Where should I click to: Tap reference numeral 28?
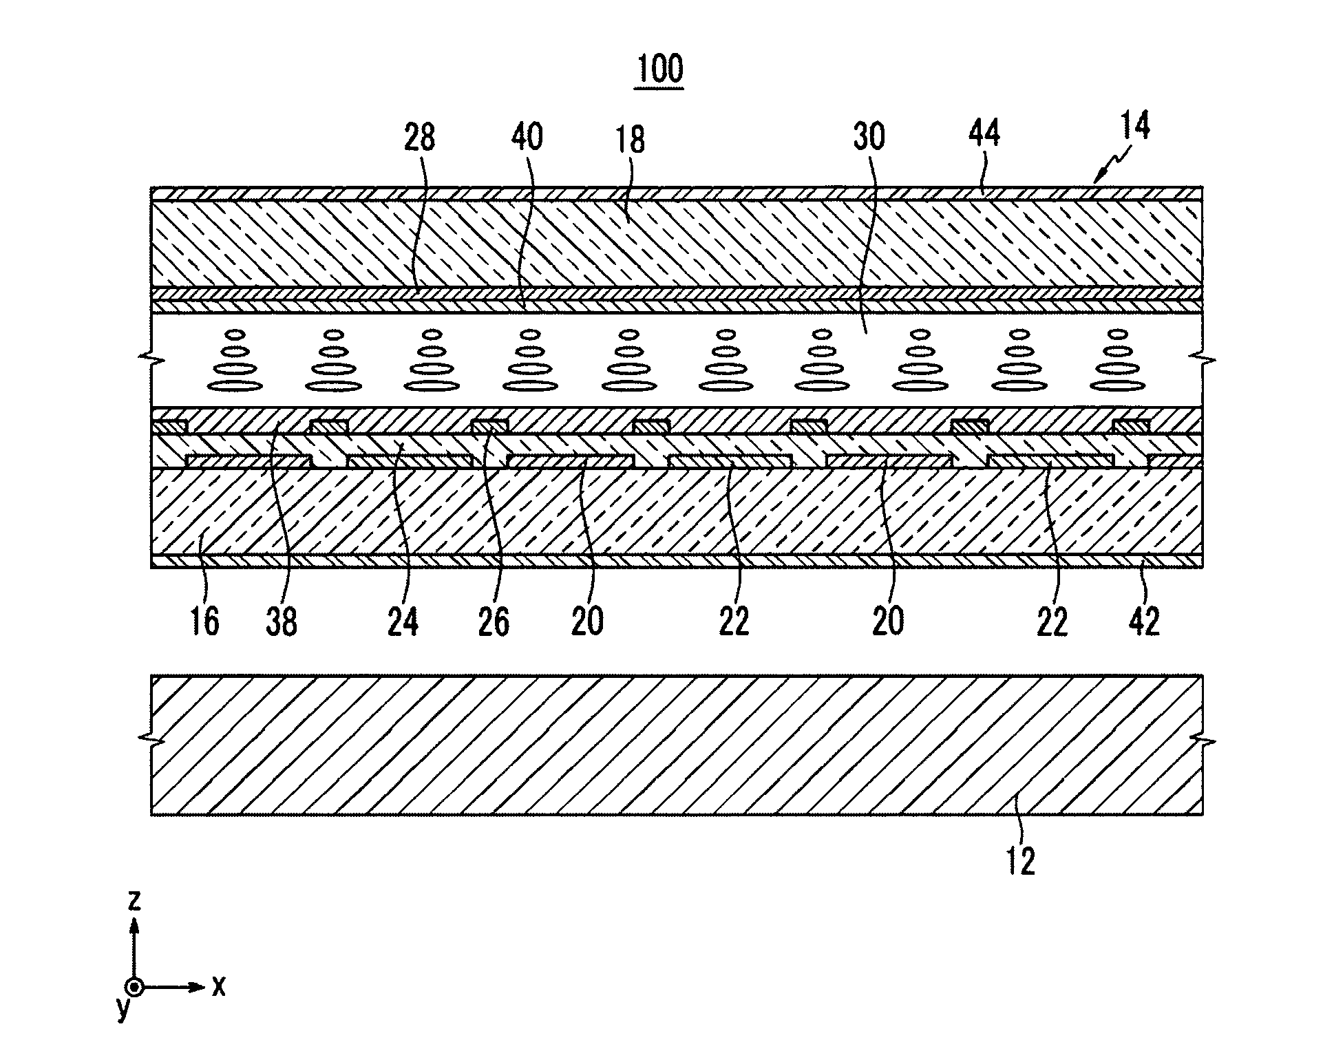[x=419, y=137]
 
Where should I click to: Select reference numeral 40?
[x=527, y=137]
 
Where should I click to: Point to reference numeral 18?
[x=630, y=140]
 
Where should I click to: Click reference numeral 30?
[x=869, y=137]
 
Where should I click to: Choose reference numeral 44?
[x=984, y=133]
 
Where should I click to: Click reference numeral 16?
[x=204, y=621]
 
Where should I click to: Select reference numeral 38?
[x=281, y=621]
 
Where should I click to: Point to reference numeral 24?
[x=403, y=621]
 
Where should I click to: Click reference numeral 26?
[x=494, y=621]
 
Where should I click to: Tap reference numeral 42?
[x=1144, y=621]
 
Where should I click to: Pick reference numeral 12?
[x=1020, y=861]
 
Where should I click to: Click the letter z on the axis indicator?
[x=135, y=900]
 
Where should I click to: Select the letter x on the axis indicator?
[x=218, y=987]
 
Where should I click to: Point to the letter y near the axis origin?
[x=123, y=1008]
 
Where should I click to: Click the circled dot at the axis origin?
[x=136, y=988]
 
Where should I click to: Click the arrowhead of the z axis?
[x=136, y=926]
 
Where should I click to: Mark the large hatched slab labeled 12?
[x=675, y=745]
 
